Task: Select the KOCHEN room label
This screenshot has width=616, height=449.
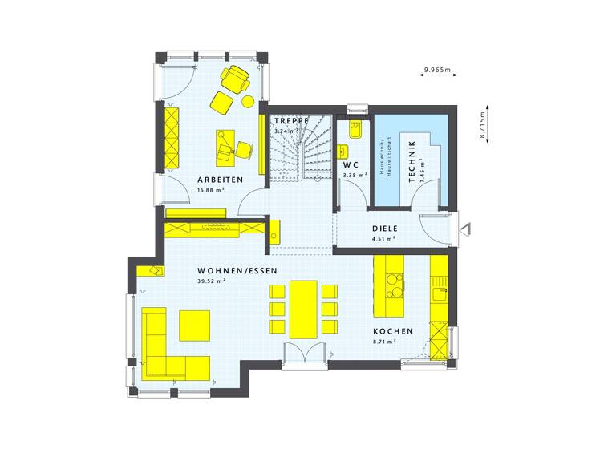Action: click(x=393, y=331)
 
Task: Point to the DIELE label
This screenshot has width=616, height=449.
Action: click(x=385, y=229)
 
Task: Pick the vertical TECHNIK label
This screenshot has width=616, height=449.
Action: click(x=411, y=164)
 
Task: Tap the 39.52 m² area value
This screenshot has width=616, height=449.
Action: click(x=212, y=281)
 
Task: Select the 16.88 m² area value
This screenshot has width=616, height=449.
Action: click(x=212, y=191)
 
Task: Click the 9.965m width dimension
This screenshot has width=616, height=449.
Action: click(x=438, y=71)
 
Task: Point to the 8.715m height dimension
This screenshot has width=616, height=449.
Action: click(x=483, y=127)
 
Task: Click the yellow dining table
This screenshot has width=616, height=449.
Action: click(x=303, y=309)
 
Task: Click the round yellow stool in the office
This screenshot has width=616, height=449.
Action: click(x=248, y=101)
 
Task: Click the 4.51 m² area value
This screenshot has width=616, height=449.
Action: click(x=384, y=239)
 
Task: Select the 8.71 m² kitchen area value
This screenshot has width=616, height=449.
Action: click(x=385, y=342)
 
